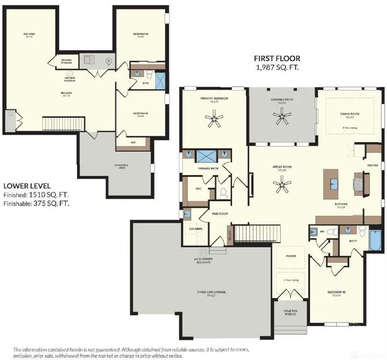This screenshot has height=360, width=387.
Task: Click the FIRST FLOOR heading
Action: click(x=277, y=59)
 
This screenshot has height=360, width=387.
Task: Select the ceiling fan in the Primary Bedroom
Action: click(x=215, y=119)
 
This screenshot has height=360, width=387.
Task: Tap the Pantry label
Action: click(x=373, y=165)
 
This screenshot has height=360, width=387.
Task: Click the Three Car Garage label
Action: click(x=211, y=292)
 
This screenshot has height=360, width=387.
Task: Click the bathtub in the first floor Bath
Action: click(x=375, y=240)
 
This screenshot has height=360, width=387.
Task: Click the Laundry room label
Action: click(x=196, y=229)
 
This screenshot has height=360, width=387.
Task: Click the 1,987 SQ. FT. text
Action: click(x=277, y=67)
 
